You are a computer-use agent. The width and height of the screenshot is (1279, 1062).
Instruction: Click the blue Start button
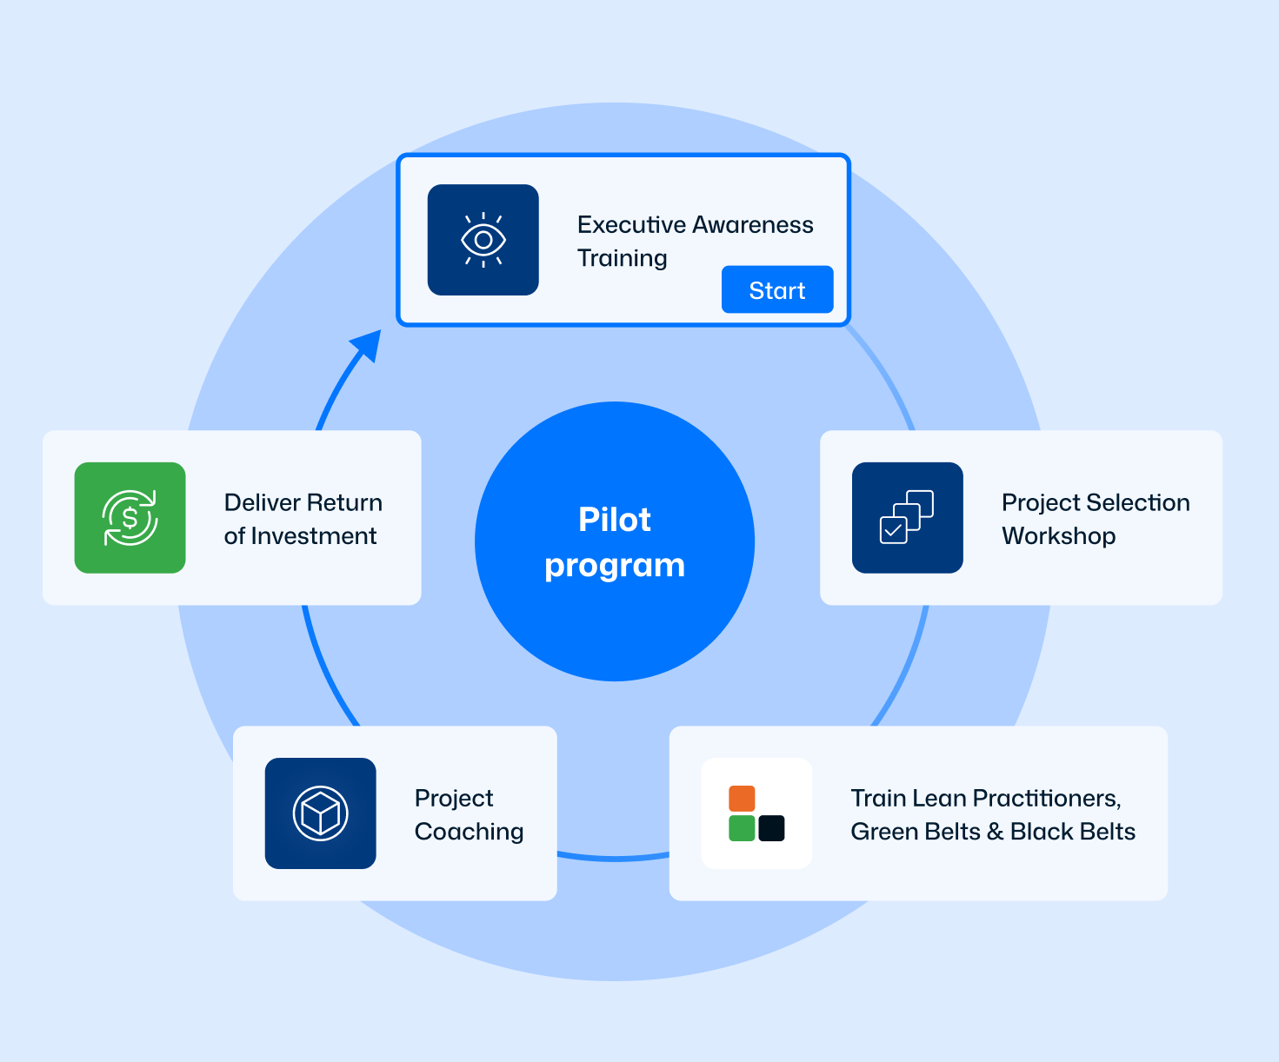(777, 289)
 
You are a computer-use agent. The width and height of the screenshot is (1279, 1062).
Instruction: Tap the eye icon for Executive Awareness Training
(483, 240)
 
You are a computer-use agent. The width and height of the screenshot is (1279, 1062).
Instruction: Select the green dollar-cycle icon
(130, 518)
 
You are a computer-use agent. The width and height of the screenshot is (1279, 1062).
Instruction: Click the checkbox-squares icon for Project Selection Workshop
(907, 518)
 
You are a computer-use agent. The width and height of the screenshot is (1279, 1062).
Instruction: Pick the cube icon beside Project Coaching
(321, 813)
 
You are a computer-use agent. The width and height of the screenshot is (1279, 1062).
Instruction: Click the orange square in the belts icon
(742, 799)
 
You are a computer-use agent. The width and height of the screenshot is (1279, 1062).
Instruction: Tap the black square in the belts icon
(771, 828)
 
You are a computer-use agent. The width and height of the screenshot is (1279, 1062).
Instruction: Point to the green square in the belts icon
(742, 828)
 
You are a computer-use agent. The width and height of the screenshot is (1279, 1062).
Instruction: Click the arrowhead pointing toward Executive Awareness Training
(368, 345)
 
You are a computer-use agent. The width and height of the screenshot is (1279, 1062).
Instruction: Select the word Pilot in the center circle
(615, 520)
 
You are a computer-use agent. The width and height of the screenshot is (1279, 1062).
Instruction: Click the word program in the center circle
(615, 566)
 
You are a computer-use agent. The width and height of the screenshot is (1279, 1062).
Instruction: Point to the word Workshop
(1058, 536)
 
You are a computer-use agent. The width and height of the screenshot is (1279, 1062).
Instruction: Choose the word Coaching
(469, 832)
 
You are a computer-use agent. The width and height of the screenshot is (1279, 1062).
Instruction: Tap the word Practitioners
(1046, 799)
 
